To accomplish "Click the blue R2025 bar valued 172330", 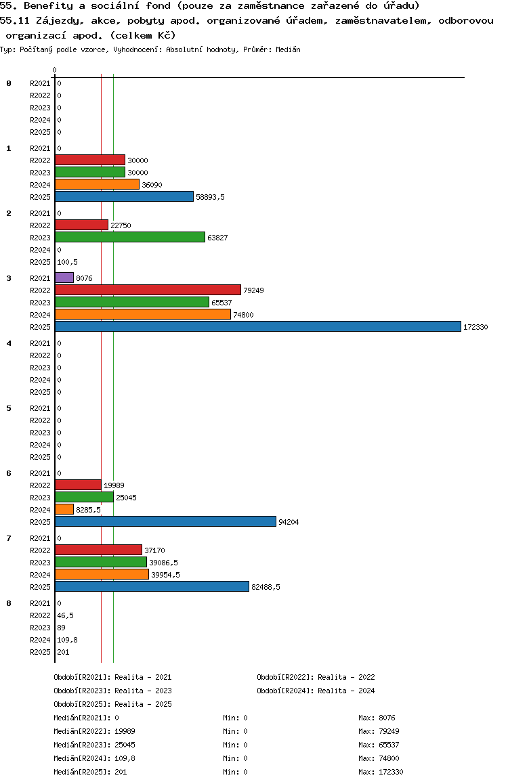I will [x=257, y=326].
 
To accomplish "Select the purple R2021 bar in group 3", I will [x=64, y=278].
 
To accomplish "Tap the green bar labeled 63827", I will [x=129, y=237].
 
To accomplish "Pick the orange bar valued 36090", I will [x=97, y=184].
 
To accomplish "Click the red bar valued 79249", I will [x=148, y=290].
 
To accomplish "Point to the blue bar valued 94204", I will [x=165, y=521].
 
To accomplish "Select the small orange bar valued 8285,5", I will [x=64, y=509].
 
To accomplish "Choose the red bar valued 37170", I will [x=98, y=550].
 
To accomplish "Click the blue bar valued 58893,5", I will [x=124, y=196].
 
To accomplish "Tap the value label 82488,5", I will [x=266, y=587].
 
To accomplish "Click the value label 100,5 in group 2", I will [x=66, y=262].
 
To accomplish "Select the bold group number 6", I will [x=9, y=473].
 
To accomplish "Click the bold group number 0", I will [x=9, y=83].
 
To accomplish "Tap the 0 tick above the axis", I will [x=55, y=70].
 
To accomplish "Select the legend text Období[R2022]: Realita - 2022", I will [x=316, y=677].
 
